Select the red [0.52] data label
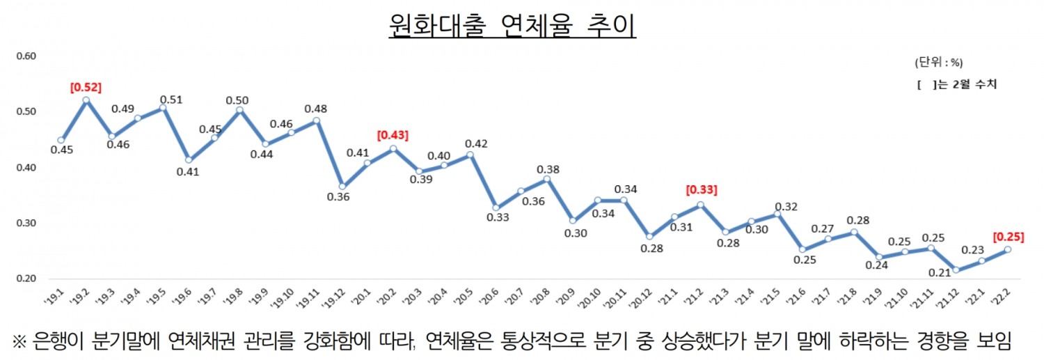click(86, 87)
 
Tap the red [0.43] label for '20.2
click(393, 134)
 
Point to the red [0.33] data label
click(702, 189)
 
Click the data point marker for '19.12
click(342, 186)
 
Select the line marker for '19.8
click(239, 109)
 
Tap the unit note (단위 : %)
click(938, 63)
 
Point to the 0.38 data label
click(548, 169)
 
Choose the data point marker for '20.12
click(649, 237)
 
